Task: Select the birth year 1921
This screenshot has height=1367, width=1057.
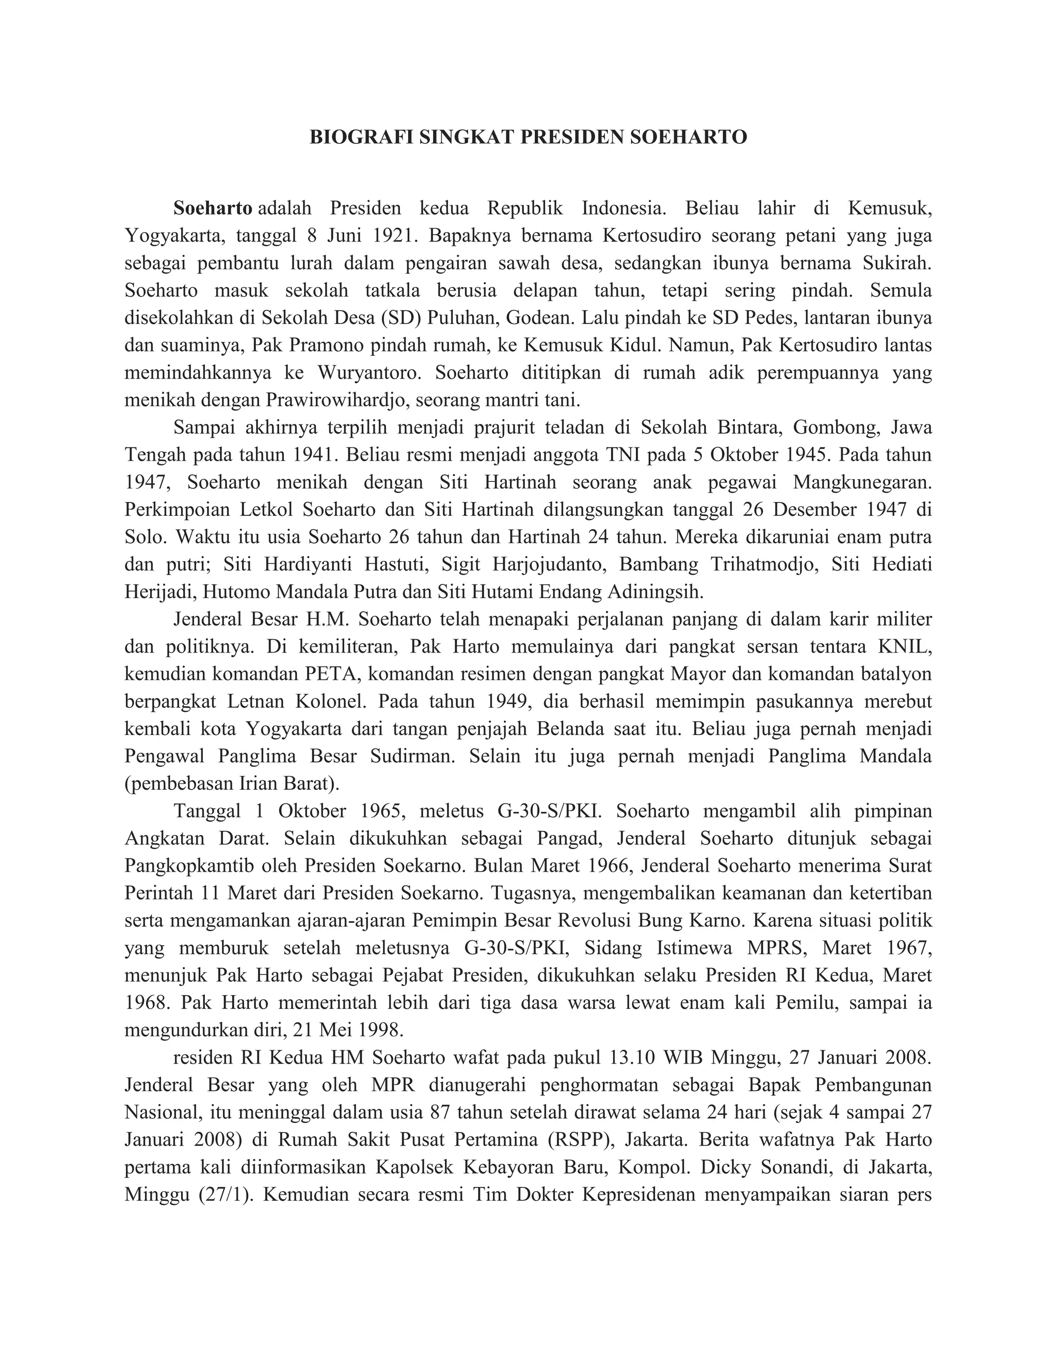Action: (394, 235)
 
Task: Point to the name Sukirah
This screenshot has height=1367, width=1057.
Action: (896, 263)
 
